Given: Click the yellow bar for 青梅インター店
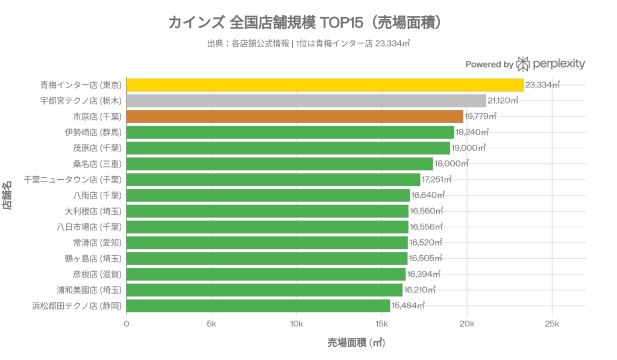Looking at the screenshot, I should [325, 85].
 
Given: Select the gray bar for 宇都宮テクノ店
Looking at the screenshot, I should [306, 101].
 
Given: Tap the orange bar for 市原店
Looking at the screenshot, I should [295, 116].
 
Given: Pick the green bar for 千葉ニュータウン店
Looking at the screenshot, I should [273, 180].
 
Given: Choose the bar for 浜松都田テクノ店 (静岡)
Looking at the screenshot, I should [258, 306].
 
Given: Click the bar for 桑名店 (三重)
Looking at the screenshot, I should [280, 164].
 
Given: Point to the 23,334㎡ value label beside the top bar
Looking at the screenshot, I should [543, 85].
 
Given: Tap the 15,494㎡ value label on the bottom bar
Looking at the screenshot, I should [409, 306].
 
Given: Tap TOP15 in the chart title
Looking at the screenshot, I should [343, 24].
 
